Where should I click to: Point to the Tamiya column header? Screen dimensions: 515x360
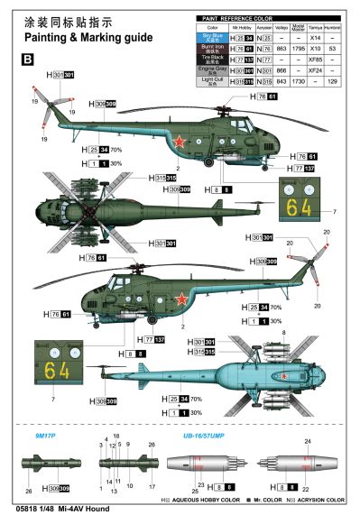click(x=318, y=28)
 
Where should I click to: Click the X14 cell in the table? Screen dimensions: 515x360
click(x=318, y=39)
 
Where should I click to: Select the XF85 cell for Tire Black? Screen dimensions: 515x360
click(x=318, y=60)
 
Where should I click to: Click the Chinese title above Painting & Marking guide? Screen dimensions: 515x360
click(x=57, y=22)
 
